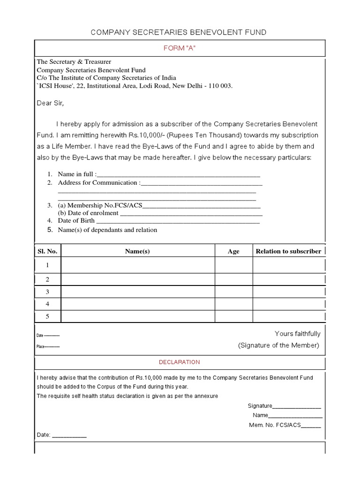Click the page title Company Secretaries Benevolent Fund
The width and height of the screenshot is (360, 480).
point(179,32)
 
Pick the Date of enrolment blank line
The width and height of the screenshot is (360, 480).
point(191,214)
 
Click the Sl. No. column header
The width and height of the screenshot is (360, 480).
point(47,251)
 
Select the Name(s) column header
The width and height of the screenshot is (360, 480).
point(137,251)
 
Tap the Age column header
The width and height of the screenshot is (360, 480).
point(233,251)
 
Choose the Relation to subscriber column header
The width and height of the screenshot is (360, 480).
point(288,251)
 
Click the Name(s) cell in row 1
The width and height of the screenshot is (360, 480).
point(138,265)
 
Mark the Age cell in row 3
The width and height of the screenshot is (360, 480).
point(234,292)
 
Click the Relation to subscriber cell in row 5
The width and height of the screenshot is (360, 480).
point(288,316)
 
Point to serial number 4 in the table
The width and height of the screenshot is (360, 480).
point(47,304)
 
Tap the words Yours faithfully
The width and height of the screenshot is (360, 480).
point(297,334)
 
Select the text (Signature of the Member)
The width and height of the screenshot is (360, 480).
point(278,345)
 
